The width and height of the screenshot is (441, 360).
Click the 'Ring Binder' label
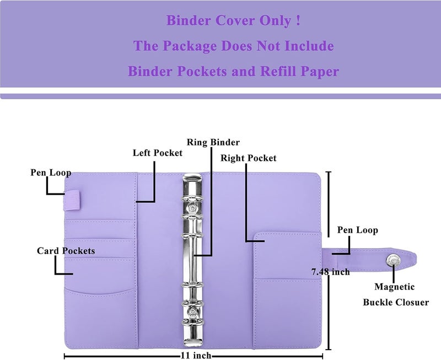pyautogui.click(x=213, y=142)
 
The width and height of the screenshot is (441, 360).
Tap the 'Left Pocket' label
pyautogui.click(x=157, y=153)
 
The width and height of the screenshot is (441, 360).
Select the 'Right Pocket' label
pyautogui.click(x=248, y=158)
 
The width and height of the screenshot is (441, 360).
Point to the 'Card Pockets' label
pyautogui.click(x=66, y=251)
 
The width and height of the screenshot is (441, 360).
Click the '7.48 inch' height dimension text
pyautogui.click(x=330, y=271)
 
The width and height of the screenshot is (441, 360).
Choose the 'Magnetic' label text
pyautogui.click(x=394, y=287)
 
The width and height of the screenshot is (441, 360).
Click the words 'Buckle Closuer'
pyautogui.click(x=395, y=302)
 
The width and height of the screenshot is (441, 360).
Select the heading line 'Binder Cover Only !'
pyautogui.click(x=233, y=22)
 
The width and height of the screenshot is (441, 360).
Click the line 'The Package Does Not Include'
pyautogui.click(x=233, y=46)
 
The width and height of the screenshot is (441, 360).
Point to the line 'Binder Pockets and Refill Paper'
pyautogui.click(x=233, y=71)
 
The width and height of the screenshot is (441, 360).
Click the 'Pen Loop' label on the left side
pyautogui.click(x=50, y=173)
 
